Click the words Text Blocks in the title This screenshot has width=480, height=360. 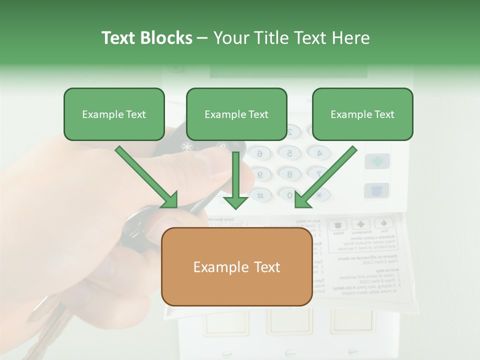[146, 38]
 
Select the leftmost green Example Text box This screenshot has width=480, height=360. [114, 114]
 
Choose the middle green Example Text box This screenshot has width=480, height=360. [236, 114]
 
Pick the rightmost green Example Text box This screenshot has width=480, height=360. [362, 114]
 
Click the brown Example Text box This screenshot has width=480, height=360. [236, 266]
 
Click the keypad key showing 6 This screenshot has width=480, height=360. [259, 154]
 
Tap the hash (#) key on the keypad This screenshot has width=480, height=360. [260, 195]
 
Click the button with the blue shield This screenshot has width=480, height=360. [376, 190]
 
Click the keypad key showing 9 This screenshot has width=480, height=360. [259, 174]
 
